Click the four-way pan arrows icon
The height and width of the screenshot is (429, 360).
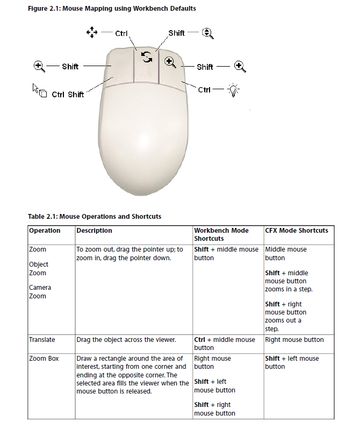tap(91, 33)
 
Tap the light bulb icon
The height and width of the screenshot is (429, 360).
tap(234, 90)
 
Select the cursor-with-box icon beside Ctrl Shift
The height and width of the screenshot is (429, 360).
tap(40, 90)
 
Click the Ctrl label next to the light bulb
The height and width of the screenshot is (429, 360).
tap(204, 90)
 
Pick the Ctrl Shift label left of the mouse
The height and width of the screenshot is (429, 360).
tap(68, 95)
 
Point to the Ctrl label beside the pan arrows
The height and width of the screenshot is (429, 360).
tap(121, 33)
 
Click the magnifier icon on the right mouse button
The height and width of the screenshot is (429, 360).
tap(170, 62)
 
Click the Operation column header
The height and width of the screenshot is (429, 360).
tap(45, 231)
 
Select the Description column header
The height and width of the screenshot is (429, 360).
tap(94, 231)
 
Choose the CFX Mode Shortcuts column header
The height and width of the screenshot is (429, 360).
tap(297, 231)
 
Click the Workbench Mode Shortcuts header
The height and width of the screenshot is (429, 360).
tap(221, 234)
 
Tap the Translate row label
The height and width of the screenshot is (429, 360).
tap(42, 340)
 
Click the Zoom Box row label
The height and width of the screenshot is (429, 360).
tap(44, 359)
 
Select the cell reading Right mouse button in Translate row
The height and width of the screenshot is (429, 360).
tap(294, 340)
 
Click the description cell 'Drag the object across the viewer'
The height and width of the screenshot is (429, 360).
tap(126, 340)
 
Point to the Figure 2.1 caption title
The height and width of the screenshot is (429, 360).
tap(112, 9)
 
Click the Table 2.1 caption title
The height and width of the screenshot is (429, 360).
tap(95, 217)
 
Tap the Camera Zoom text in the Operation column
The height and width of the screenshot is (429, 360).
tap(40, 292)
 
